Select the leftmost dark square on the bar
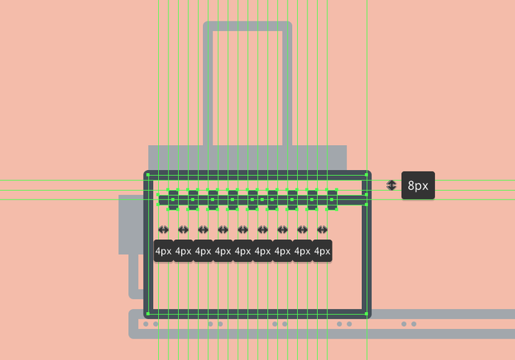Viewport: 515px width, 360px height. coord(174,199)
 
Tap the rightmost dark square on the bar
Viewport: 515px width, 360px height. coord(332,199)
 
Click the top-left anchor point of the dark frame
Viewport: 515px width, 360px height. coord(149,175)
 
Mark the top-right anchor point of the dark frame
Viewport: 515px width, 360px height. coord(366,175)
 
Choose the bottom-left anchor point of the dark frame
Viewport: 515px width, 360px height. coord(149,314)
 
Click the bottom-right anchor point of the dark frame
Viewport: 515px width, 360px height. coord(366,314)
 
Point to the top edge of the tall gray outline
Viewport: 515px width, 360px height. coord(247,26)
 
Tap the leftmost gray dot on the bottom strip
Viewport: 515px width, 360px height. coord(146,324)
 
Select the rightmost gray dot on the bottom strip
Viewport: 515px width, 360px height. coord(413,324)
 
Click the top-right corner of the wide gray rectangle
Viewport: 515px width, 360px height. coord(345,147)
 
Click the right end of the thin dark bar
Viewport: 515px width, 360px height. coord(366,200)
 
